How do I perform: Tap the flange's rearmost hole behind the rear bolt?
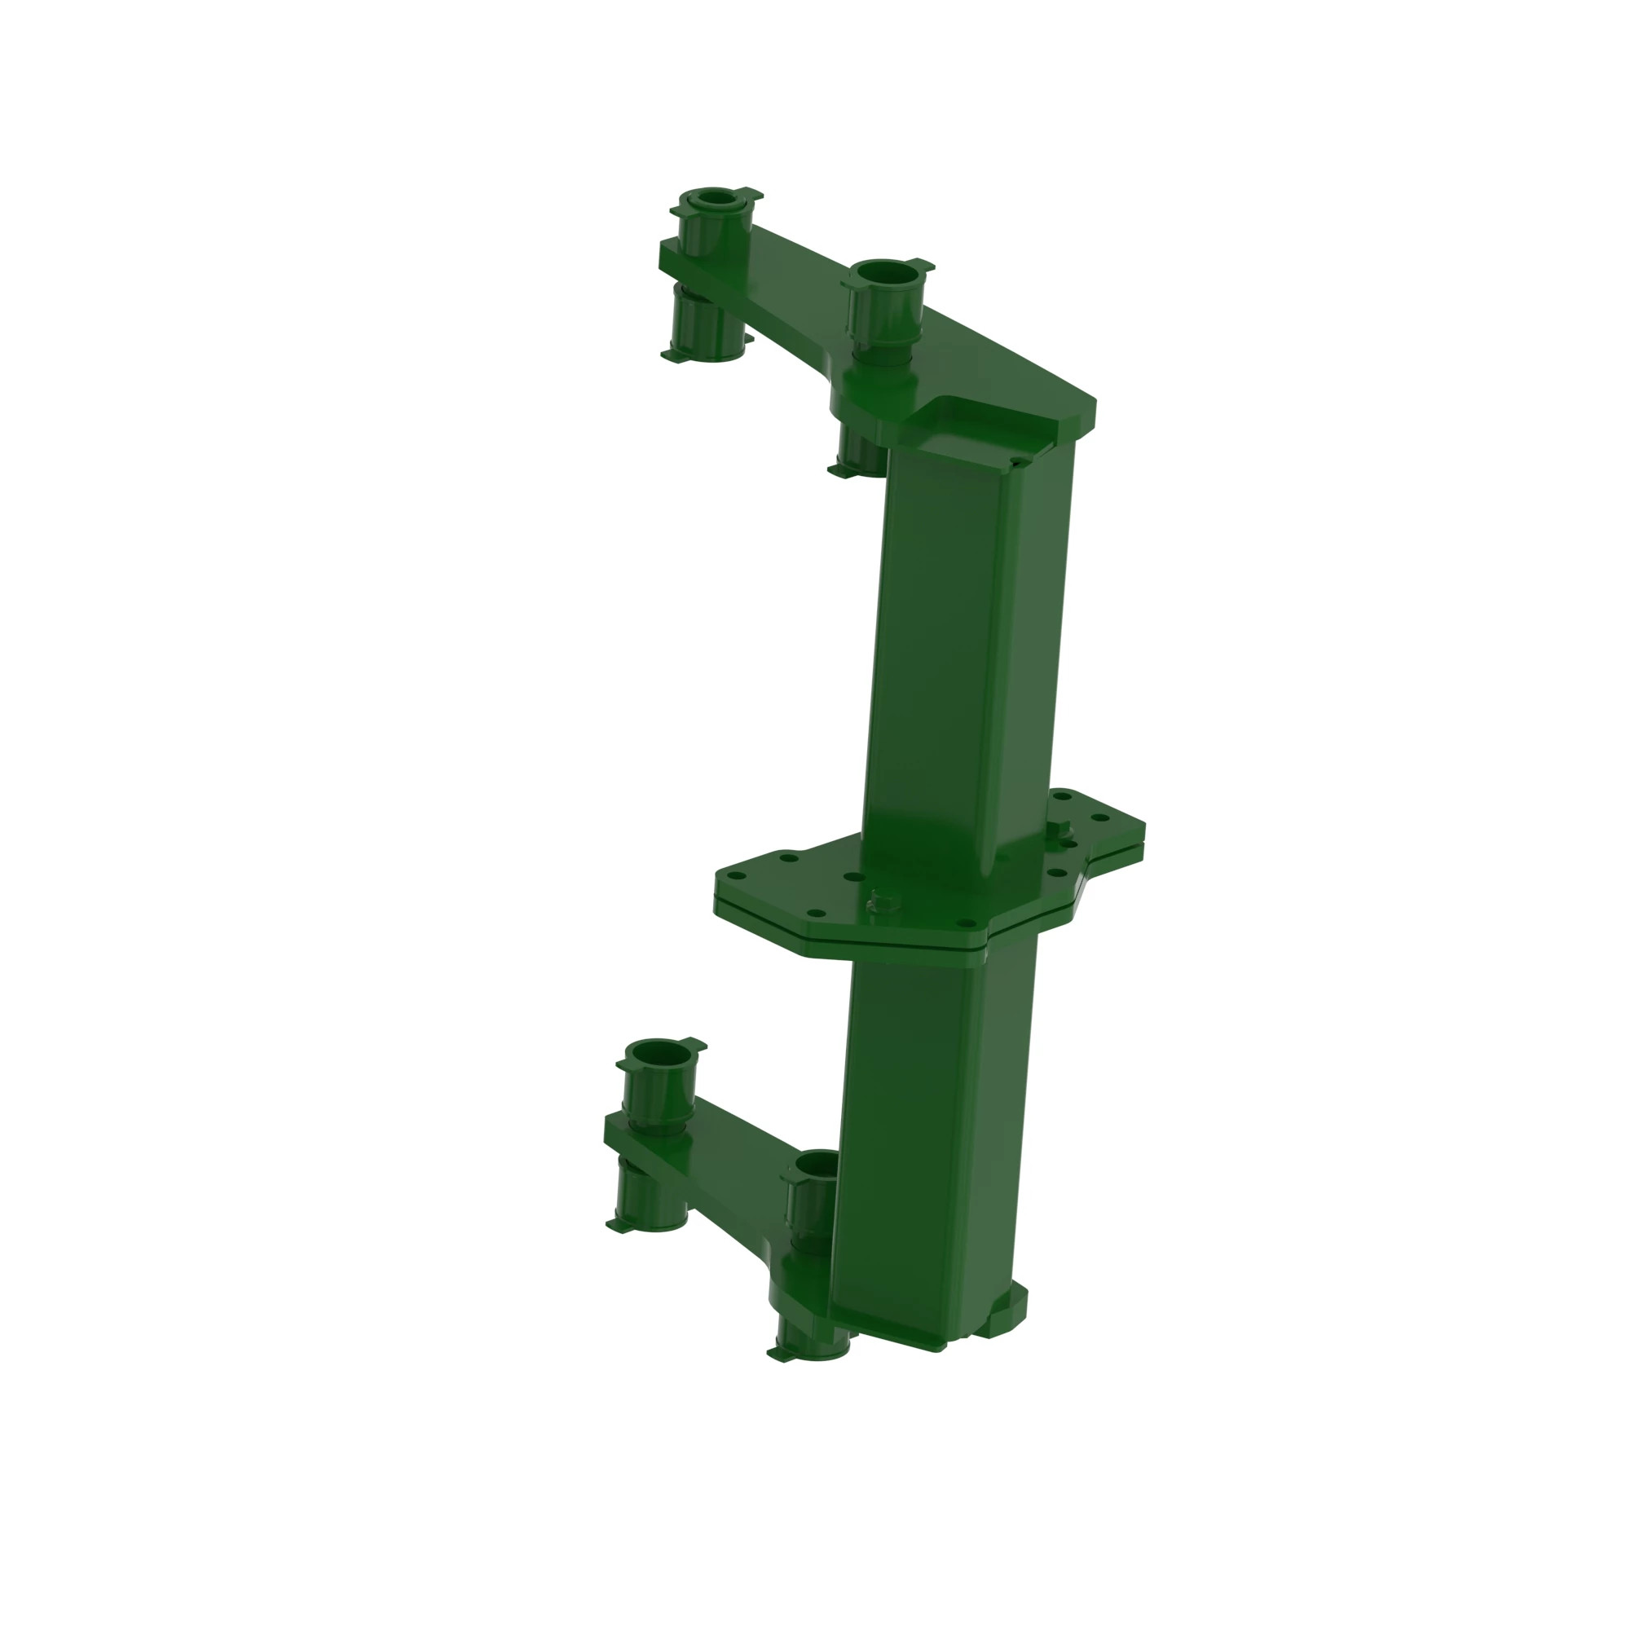tap(1064, 795)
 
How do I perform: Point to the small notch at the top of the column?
tap(1018, 461)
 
